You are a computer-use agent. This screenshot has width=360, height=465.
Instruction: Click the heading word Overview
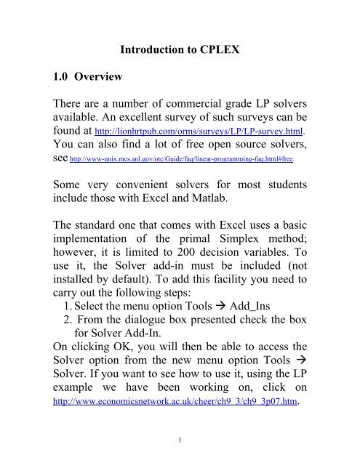[x=103, y=78]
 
